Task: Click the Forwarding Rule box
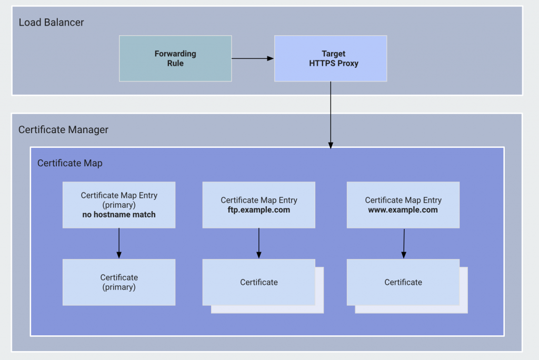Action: point(175,58)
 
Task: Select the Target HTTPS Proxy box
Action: point(331,58)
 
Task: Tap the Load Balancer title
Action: point(51,22)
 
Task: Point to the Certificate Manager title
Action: point(63,129)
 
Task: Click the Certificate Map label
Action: point(69,163)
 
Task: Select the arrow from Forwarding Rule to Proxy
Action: point(253,58)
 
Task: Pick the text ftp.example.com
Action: point(259,209)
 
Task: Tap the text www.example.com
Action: point(403,209)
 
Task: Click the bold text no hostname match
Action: point(119,214)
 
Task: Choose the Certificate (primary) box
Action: point(119,282)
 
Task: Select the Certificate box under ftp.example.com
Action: point(259,282)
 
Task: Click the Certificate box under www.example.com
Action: point(403,282)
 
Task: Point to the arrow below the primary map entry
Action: point(119,243)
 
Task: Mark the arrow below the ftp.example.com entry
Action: point(259,243)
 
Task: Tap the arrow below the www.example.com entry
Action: point(404,243)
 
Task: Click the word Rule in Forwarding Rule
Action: point(175,63)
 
